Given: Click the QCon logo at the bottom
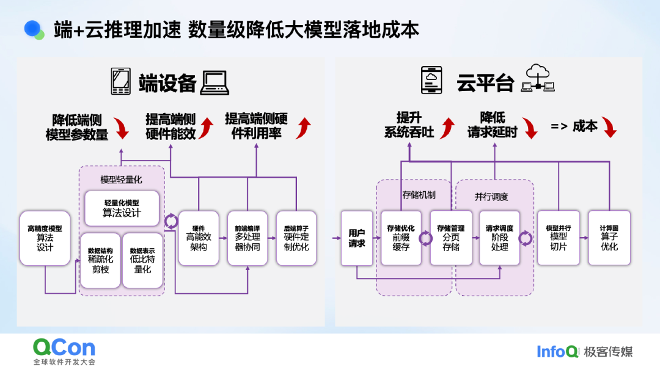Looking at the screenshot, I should point(64,348).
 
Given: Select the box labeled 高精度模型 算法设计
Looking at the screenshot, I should point(45,238).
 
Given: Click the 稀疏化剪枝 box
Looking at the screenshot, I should point(101,260).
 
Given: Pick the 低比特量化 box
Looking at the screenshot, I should point(142,260).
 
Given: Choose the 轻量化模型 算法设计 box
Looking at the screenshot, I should point(122,208).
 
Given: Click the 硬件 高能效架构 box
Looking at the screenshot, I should point(199,238).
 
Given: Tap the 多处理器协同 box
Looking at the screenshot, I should point(248,238).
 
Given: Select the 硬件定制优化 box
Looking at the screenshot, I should point(296,238).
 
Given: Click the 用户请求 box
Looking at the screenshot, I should point(357,238).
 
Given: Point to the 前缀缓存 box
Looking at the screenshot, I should point(401,238).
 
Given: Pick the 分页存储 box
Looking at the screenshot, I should point(451,238).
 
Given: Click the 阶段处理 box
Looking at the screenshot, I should point(499,238).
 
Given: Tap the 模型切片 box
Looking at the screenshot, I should point(559,238).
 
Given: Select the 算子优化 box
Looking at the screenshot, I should point(609,238).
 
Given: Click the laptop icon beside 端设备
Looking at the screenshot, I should point(215,83).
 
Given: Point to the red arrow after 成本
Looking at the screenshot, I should point(609,127).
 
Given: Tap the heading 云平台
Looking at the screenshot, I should point(485,83).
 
